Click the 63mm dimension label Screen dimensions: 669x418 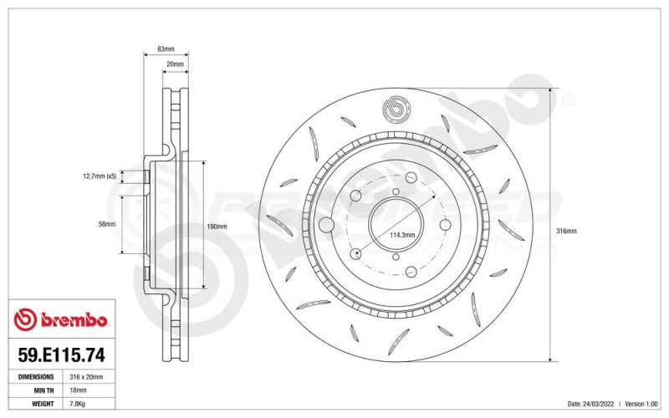[x=166, y=49]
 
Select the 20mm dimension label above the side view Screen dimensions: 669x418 [x=175, y=64]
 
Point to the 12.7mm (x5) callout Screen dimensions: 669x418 [x=100, y=176]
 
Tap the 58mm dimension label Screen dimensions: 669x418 [x=107, y=224]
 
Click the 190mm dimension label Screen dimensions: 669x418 [x=217, y=227]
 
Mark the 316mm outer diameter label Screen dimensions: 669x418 [x=566, y=232]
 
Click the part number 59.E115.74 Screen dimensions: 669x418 [x=61, y=354]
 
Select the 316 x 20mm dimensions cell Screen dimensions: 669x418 [x=86, y=377]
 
